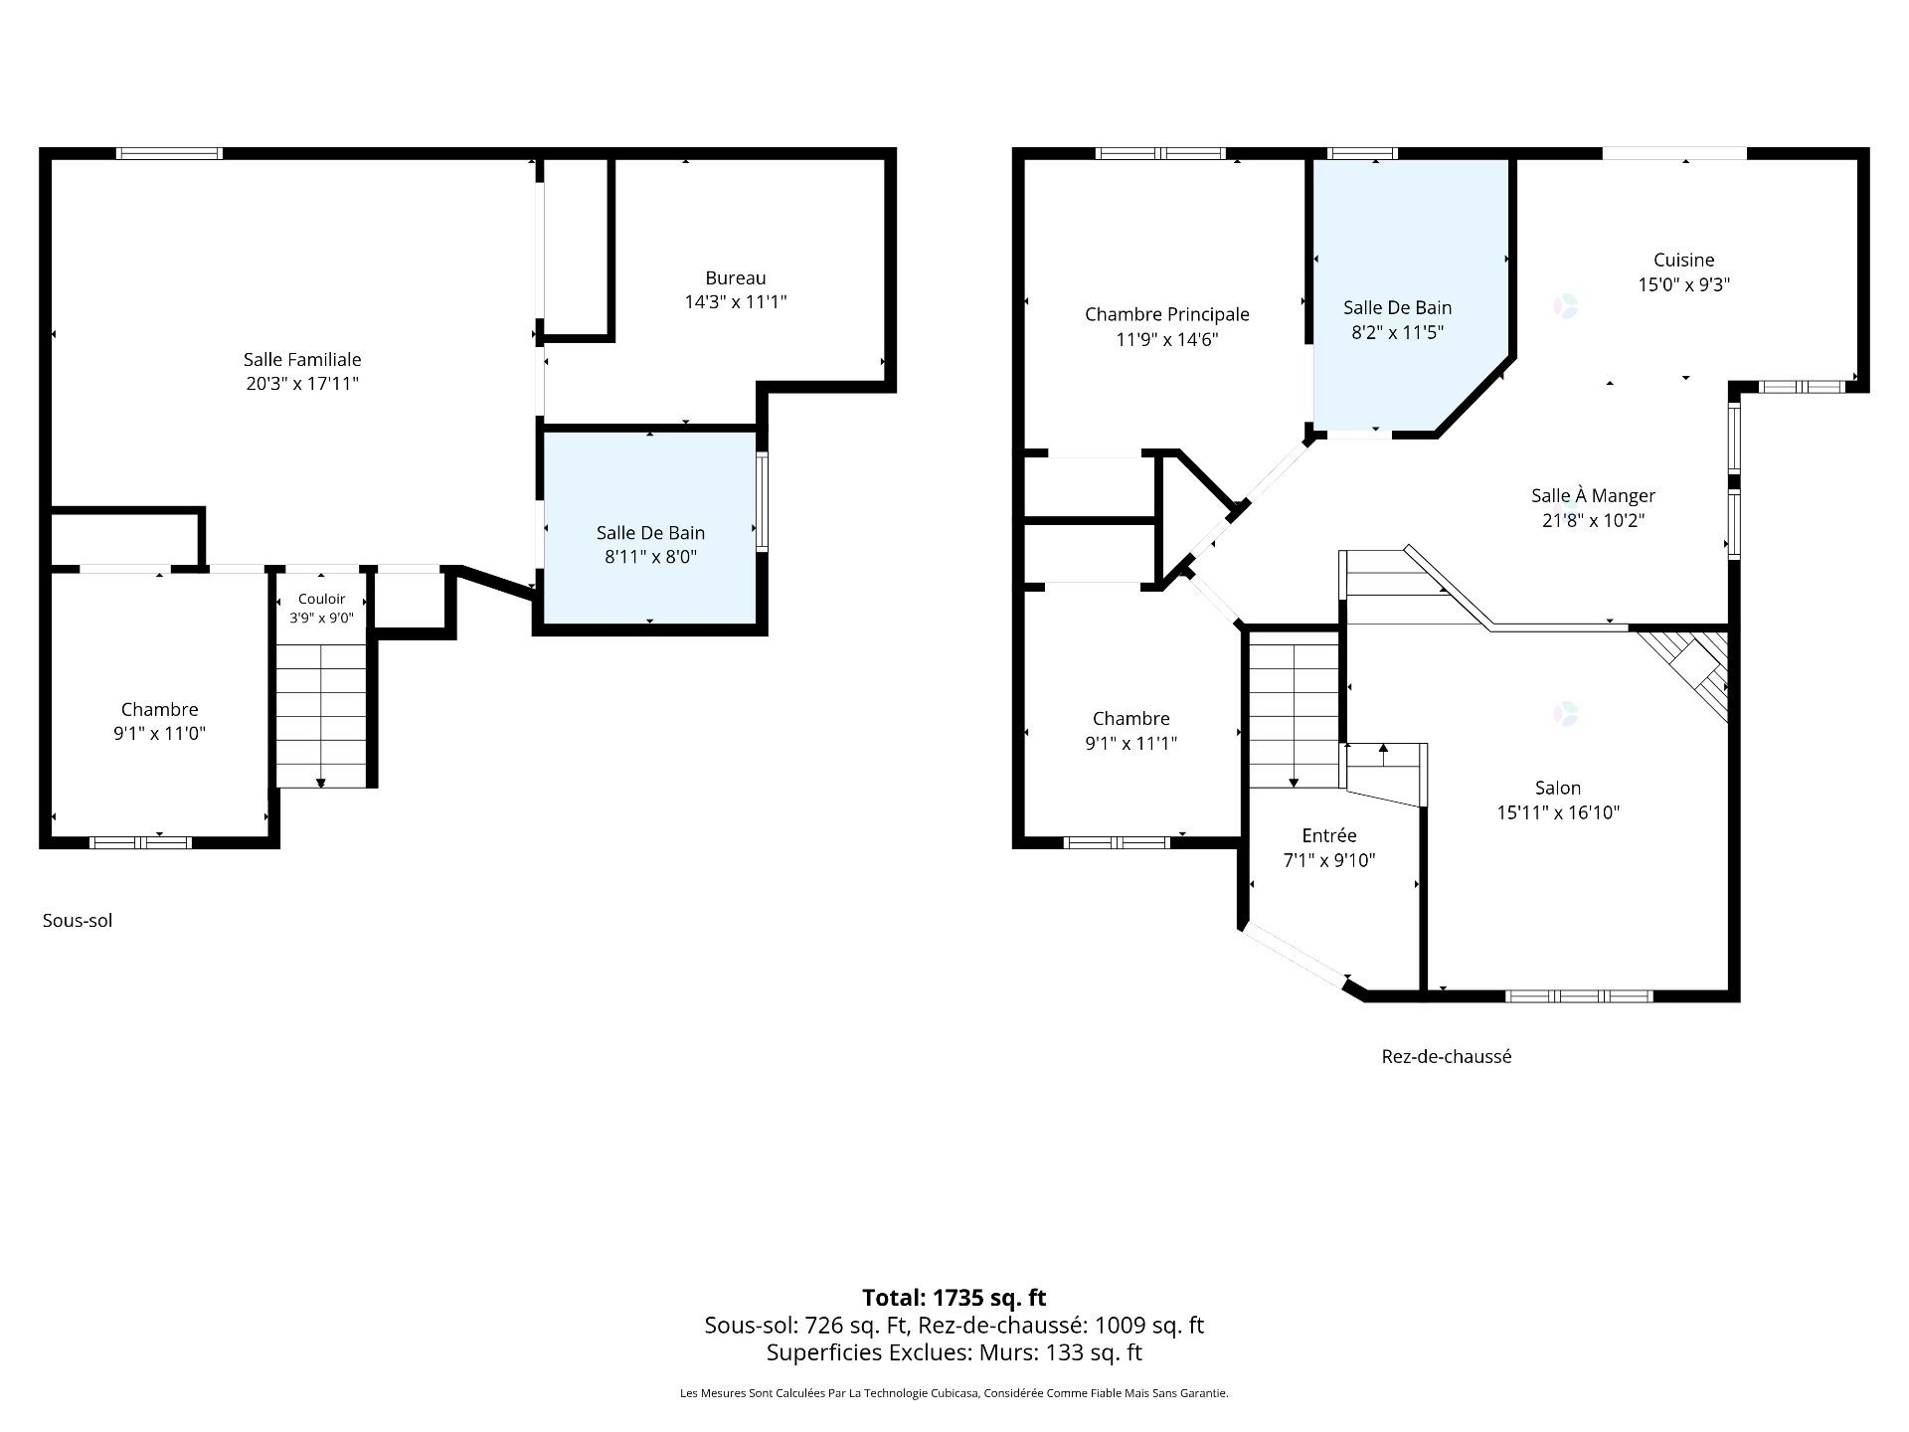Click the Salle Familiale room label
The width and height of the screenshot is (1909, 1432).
(x=302, y=371)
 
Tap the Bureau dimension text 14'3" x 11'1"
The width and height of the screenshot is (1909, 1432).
(x=736, y=301)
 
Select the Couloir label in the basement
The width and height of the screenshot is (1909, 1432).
(x=322, y=599)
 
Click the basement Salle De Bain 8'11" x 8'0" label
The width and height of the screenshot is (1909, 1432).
(x=650, y=545)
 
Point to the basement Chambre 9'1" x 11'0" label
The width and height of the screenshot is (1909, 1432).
(x=160, y=721)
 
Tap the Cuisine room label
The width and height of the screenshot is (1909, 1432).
(x=1684, y=260)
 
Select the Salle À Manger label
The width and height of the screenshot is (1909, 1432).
(x=1594, y=495)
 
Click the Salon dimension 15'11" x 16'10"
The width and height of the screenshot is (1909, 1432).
(x=1558, y=812)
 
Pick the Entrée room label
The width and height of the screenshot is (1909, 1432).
(x=1329, y=835)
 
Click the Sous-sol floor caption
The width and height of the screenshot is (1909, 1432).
(x=78, y=921)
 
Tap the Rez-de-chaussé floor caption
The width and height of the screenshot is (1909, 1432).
(x=1447, y=1056)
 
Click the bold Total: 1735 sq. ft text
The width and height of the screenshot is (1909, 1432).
(x=954, y=1297)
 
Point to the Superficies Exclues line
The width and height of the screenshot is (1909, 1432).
(x=954, y=1352)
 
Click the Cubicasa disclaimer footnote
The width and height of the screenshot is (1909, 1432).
(x=954, y=1393)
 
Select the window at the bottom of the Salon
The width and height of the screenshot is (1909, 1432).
(x=1579, y=995)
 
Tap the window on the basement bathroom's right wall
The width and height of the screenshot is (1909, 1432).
(x=763, y=502)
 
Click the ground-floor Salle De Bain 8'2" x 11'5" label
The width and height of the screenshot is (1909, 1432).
(x=1398, y=320)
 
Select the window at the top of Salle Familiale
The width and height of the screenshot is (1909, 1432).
(x=169, y=153)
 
